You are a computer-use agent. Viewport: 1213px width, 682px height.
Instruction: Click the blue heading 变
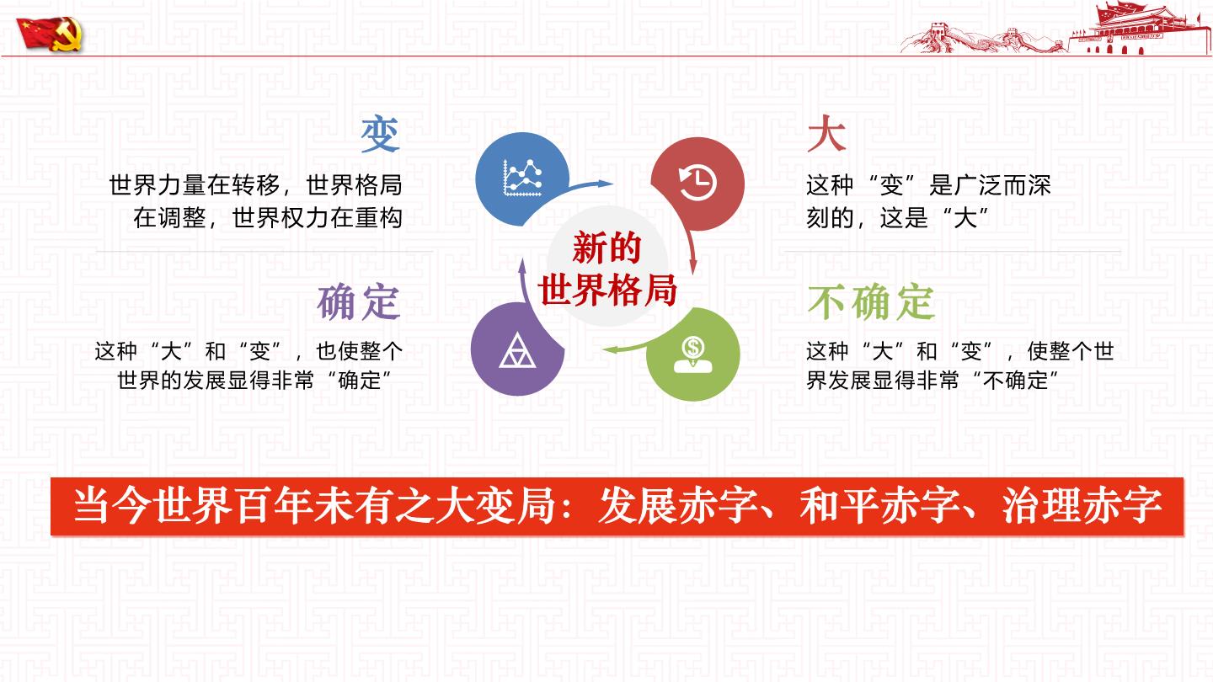pyautogui.click(x=380, y=134)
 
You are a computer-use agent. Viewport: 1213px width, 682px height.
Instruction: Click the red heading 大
pyautogui.click(x=826, y=133)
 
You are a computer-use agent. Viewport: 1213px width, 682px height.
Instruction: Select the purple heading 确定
pyautogui.click(x=359, y=301)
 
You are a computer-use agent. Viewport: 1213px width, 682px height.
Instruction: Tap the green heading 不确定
pyautogui.click(x=871, y=301)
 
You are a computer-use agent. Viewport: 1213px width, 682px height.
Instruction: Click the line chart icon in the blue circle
pyautogui.click(x=522, y=178)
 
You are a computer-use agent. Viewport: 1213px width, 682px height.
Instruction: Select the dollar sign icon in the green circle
pyautogui.click(x=693, y=354)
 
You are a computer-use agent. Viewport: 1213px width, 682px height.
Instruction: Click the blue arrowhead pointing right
pyautogui.click(x=604, y=184)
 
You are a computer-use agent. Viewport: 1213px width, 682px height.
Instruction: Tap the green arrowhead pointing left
pyautogui.click(x=611, y=349)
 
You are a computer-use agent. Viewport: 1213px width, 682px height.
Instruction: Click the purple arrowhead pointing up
pyautogui.click(x=522, y=266)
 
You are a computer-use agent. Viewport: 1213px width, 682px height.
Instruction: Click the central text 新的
pyautogui.click(x=606, y=248)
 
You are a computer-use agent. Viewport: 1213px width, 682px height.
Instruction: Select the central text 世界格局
pyautogui.click(x=607, y=290)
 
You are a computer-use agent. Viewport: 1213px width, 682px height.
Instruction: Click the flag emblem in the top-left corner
pyautogui.click(x=50, y=34)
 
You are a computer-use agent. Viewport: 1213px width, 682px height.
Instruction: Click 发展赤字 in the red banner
pyautogui.click(x=678, y=506)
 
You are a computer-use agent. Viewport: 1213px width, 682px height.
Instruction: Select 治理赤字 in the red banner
pyautogui.click(x=1082, y=506)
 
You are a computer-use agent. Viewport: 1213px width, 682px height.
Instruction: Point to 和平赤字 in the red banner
pyautogui.click(x=879, y=506)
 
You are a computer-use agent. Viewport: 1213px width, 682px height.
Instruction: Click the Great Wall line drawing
pyautogui.click(x=983, y=38)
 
